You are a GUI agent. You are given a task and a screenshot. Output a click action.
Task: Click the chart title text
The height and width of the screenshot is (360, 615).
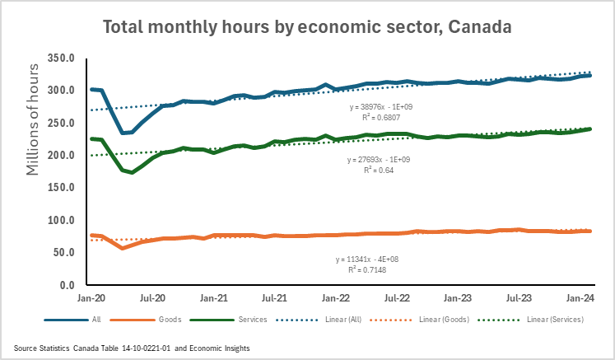(307, 26)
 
